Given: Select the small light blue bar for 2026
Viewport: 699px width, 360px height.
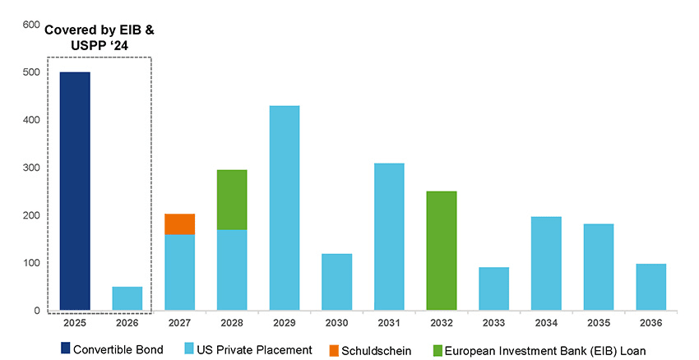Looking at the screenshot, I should (x=127, y=298).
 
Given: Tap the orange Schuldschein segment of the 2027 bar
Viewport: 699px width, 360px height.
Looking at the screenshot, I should (x=179, y=224).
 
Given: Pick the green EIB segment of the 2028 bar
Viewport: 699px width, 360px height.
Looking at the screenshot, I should (x=232, y=200).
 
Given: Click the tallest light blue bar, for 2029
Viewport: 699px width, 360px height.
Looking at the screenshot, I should (x=285, y=209).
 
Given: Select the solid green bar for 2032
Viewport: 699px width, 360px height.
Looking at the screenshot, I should (x=442, y=251).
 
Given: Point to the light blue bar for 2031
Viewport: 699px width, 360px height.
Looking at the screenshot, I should (x=389, y=237).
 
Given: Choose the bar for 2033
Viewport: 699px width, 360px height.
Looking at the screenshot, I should (x=493, y=288).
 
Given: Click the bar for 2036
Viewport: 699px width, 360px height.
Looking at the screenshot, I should (x=650, y=287).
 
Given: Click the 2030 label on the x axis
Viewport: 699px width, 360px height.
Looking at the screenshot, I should (x=336, y=324).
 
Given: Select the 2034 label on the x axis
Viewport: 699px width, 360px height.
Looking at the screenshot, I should (x=546, y=324).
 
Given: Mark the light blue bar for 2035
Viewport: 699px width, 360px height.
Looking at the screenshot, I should (x=599, y=267).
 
